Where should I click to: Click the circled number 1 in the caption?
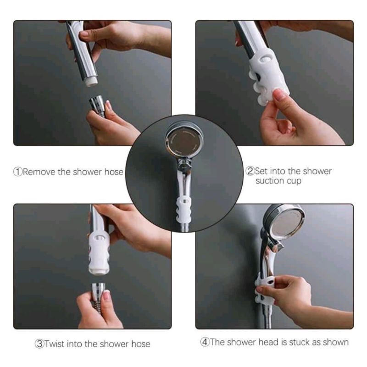18,172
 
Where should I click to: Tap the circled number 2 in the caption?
250,171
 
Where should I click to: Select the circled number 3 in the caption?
39,344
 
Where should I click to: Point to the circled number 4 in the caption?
205,342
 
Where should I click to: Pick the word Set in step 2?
261,171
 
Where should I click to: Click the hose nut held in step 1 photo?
97,103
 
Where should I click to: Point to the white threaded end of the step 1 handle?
91,82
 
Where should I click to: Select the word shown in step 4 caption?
336,342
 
